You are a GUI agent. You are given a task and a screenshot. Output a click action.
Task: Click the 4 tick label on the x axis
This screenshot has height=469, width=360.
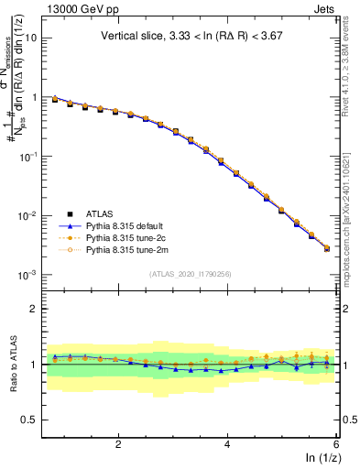pyautogui.click(x=227, y=444)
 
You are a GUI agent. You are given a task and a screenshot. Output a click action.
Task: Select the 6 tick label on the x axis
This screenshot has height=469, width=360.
pyautogui.click(x=336, y=444)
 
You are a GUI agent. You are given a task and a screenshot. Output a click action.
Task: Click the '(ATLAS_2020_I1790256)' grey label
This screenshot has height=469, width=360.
pyautogui.click(x=190, y=273)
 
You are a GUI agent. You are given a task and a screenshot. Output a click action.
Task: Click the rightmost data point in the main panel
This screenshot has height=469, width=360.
pyautogui.click(x=327, y=248)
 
